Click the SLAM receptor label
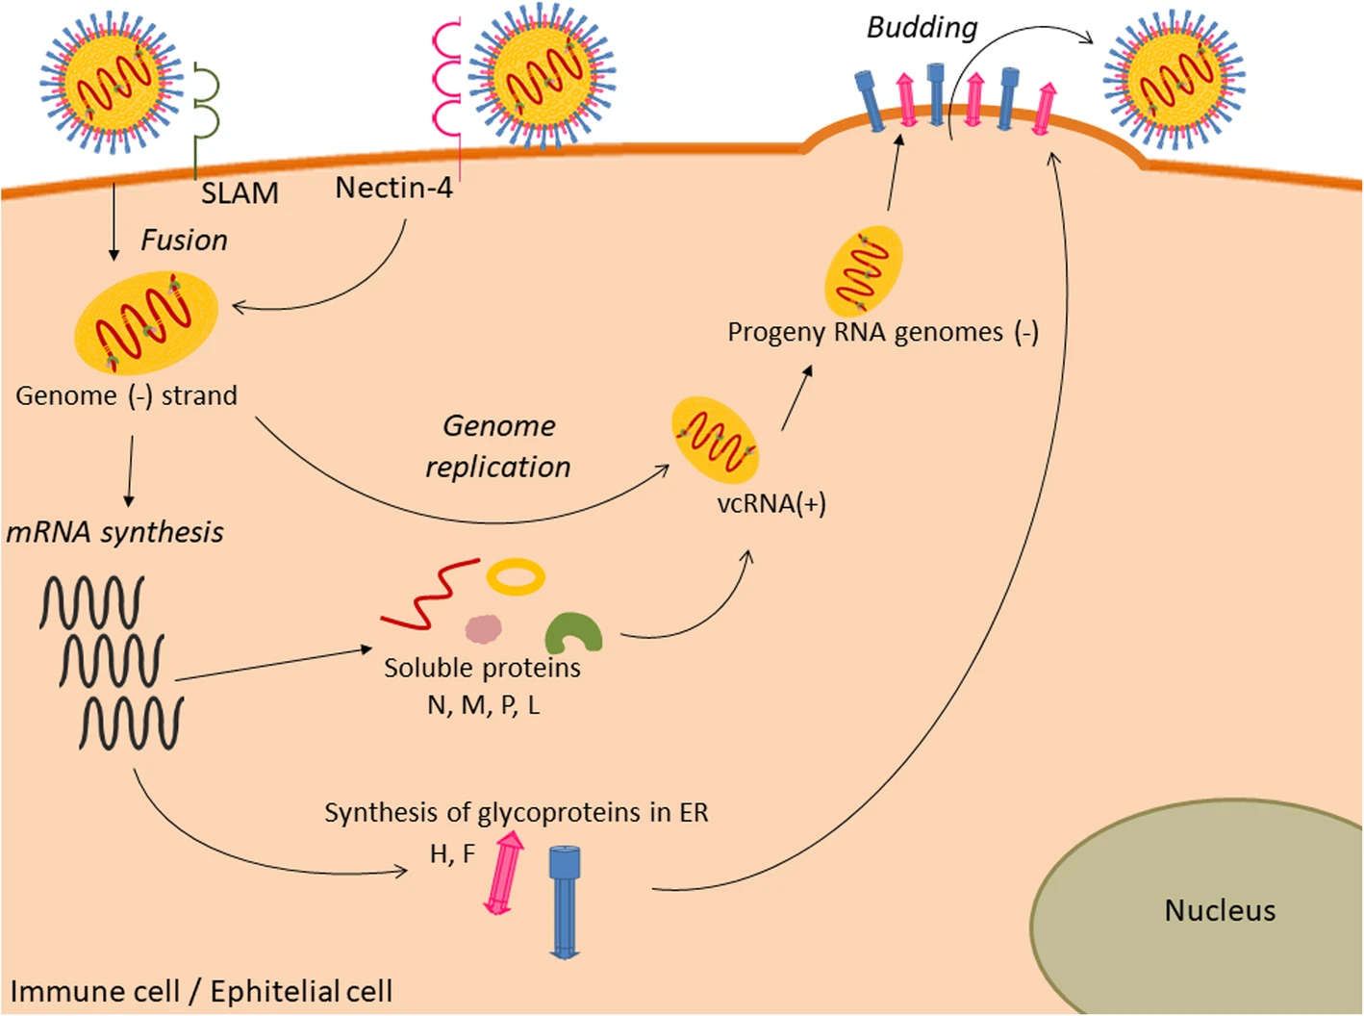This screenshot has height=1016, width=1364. tap(240, 193)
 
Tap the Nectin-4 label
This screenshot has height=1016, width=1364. tap(393, 188)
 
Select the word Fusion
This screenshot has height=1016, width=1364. tap(184, 240)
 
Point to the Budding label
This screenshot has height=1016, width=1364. tap(922, 28)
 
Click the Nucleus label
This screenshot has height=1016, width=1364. tap(1220, 910)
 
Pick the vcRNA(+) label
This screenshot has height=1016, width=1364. tap(771, 503)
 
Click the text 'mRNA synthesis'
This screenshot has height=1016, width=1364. tap(115, 532)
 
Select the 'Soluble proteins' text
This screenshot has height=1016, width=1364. tap(482, 668)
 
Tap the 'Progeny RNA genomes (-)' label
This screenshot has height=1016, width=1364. tap(882, 332)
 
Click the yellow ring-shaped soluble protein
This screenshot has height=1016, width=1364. tap(516, 577)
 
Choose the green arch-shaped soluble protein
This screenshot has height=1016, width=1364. tap(573, 634)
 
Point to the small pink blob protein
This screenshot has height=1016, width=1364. tap(483, 629)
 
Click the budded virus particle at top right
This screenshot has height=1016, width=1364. tap(1175, 77)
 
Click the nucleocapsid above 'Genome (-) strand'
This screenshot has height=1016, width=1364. tap(146, 322)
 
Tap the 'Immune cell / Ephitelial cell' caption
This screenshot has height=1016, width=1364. tap(201, 991)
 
